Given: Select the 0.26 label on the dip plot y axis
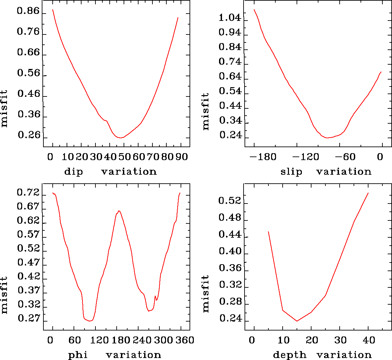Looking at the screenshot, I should [29, 136].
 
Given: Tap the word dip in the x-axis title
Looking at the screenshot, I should [74, 172].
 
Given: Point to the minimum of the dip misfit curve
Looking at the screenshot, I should [121, 138].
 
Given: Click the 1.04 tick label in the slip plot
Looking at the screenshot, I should [230, 18].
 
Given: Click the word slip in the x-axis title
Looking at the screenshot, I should [291, 172].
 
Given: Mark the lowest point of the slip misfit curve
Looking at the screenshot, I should [327, 138].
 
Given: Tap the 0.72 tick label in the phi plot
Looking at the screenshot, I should [28, 193].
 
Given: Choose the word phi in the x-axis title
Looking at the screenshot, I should [78, 355].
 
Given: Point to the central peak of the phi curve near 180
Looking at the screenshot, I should [119, 211].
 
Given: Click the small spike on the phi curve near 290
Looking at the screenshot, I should [155, 296].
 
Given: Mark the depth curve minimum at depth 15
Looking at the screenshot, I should [297, 321].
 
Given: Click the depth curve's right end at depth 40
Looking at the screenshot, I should [368, 193].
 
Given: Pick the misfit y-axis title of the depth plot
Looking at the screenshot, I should [206, 294].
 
